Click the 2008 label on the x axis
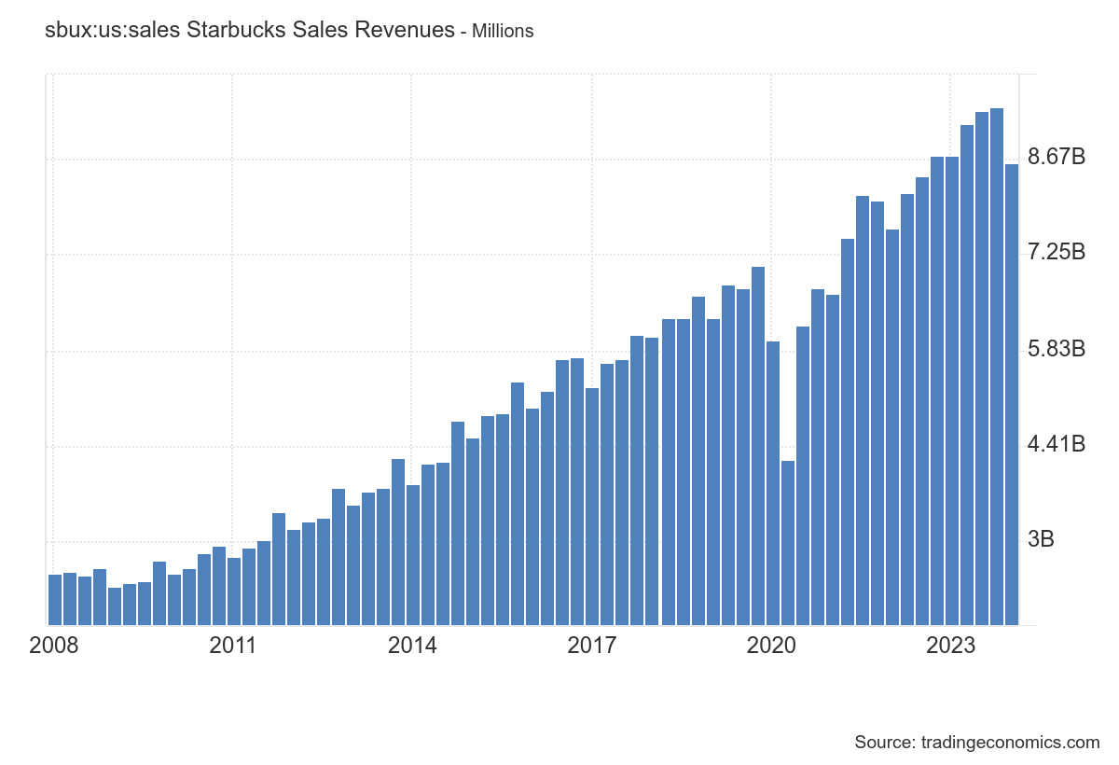[54, 646]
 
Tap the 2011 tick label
[232, 646]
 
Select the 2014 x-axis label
[412, 646]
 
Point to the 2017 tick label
[592, 646]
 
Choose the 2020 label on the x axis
[772, 646]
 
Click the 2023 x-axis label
[952, 646]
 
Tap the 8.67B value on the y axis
[1056, 157]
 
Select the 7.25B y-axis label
[1056, 252]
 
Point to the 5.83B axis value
[1056, 349]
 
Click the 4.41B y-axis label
[1056, 444]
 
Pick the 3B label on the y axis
[1041, 540]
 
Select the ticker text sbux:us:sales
[112, 30]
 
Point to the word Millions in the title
[503, 31]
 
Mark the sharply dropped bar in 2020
[788, 542]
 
